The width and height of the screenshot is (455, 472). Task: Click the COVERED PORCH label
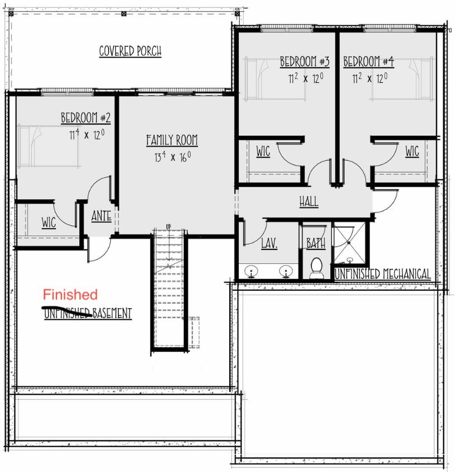(130, 51)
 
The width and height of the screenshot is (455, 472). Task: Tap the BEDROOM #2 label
(86, 118)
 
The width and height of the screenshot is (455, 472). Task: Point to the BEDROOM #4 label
(368, 61)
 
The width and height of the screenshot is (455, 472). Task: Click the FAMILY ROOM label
(172, 140)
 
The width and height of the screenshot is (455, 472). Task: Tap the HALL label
(309, 201)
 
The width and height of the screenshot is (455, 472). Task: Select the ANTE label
(101, 216)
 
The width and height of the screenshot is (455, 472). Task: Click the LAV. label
(269, 243)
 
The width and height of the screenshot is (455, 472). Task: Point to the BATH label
(316, 243)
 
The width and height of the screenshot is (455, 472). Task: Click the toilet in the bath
(316, 267)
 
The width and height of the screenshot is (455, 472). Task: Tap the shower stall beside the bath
(349, 243)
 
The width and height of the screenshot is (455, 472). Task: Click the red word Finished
(70, 294)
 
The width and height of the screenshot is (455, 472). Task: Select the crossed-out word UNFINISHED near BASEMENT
(68, 313)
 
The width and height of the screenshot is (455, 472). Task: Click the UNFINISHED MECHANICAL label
(382, 274)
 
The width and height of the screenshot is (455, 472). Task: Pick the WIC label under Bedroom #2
(49, 223)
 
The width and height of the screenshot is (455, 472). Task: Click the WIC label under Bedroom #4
(412, 151)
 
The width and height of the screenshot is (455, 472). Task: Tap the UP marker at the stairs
(168, 226)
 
